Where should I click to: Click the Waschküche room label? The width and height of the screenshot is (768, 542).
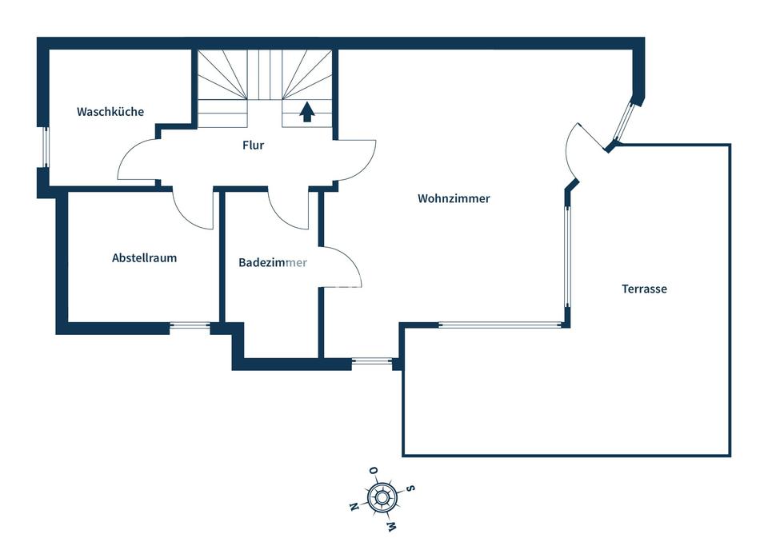(110, 112)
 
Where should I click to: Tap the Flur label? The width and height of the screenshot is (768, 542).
(254, 145)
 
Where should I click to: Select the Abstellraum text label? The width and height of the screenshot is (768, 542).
(145, 258)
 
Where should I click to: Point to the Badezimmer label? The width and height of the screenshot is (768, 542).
(273, 262)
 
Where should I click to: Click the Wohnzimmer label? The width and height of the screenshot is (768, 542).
(454, 198)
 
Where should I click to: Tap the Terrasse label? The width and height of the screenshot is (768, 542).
(644, 289)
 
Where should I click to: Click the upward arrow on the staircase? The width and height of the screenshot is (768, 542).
(307, 112)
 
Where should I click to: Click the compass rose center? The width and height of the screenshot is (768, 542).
(382, 498)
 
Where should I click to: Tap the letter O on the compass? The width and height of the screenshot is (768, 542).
(374, 471)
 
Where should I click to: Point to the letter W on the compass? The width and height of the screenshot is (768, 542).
(391, 527)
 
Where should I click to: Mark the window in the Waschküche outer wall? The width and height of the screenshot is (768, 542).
(45, 147)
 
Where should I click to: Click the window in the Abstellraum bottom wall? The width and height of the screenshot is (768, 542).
(190, 325)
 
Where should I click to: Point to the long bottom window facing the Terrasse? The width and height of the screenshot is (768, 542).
(501, 324)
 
